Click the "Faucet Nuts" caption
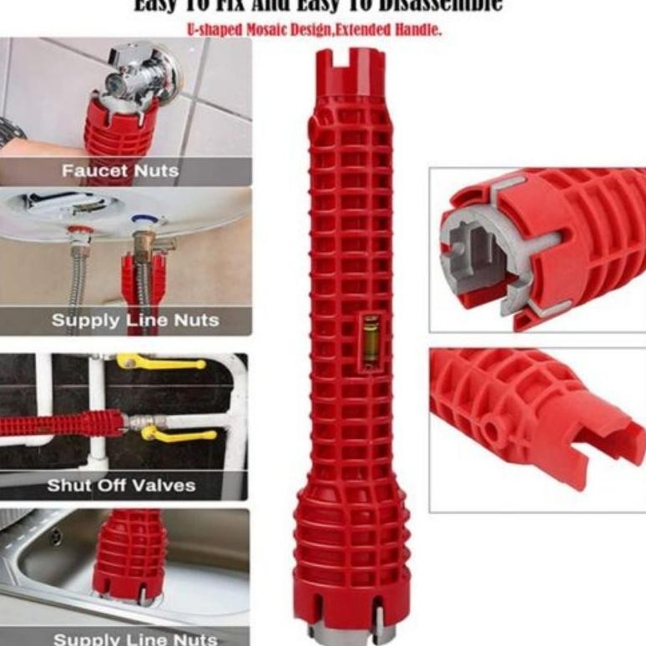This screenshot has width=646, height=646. pos(120,171)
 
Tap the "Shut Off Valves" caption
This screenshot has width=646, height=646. pos(121,485)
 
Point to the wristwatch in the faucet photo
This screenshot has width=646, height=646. pos(9,132)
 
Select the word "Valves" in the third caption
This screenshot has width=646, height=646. pos(168,485)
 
